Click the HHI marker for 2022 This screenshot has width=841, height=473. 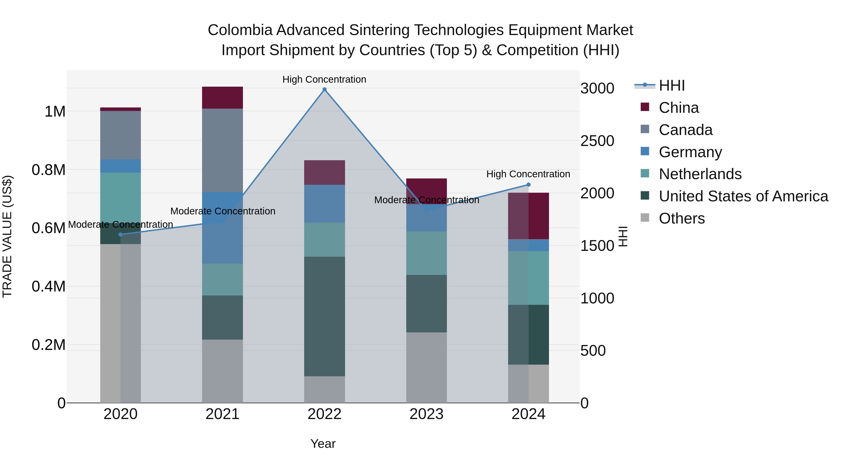coord(324,89)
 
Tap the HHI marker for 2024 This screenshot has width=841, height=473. coord(529,185)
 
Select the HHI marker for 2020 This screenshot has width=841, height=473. coord(121,234)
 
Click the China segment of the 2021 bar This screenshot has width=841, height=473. coord(222,98)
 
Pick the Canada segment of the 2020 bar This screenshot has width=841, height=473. coord(121,135)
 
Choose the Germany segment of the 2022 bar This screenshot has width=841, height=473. coord(324,204)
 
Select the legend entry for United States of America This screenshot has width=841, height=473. coord(743,196)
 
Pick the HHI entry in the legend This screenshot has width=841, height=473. coord(672,85)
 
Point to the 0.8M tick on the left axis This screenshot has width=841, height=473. coord(48,170)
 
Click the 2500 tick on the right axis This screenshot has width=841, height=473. coord(597,141)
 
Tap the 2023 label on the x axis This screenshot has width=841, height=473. coord(426,414)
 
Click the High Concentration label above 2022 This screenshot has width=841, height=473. coord(324,79)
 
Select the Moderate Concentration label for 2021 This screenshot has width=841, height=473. coord(223,211)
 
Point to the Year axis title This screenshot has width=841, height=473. coord(323,444)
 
